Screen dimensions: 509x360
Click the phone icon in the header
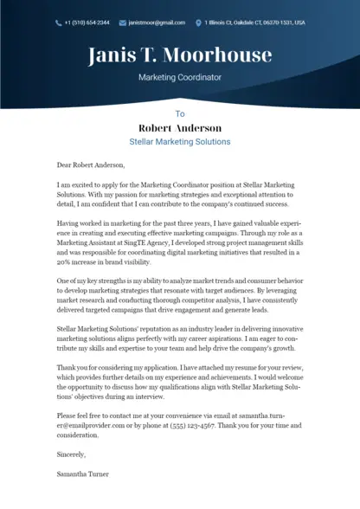click(59, 23)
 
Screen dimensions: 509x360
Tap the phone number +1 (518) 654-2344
click(87, 23)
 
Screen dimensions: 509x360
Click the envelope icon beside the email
click(122, 23)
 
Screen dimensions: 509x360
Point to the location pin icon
click(198, 23)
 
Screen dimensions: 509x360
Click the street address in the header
click(254, 23)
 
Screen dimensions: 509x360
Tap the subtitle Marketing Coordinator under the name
click(180, 77)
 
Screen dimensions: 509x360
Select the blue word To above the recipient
click(180, 113)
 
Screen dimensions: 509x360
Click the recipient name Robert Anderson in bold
click(180, 127)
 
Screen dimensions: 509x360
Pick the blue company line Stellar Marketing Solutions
click(180, 141)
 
